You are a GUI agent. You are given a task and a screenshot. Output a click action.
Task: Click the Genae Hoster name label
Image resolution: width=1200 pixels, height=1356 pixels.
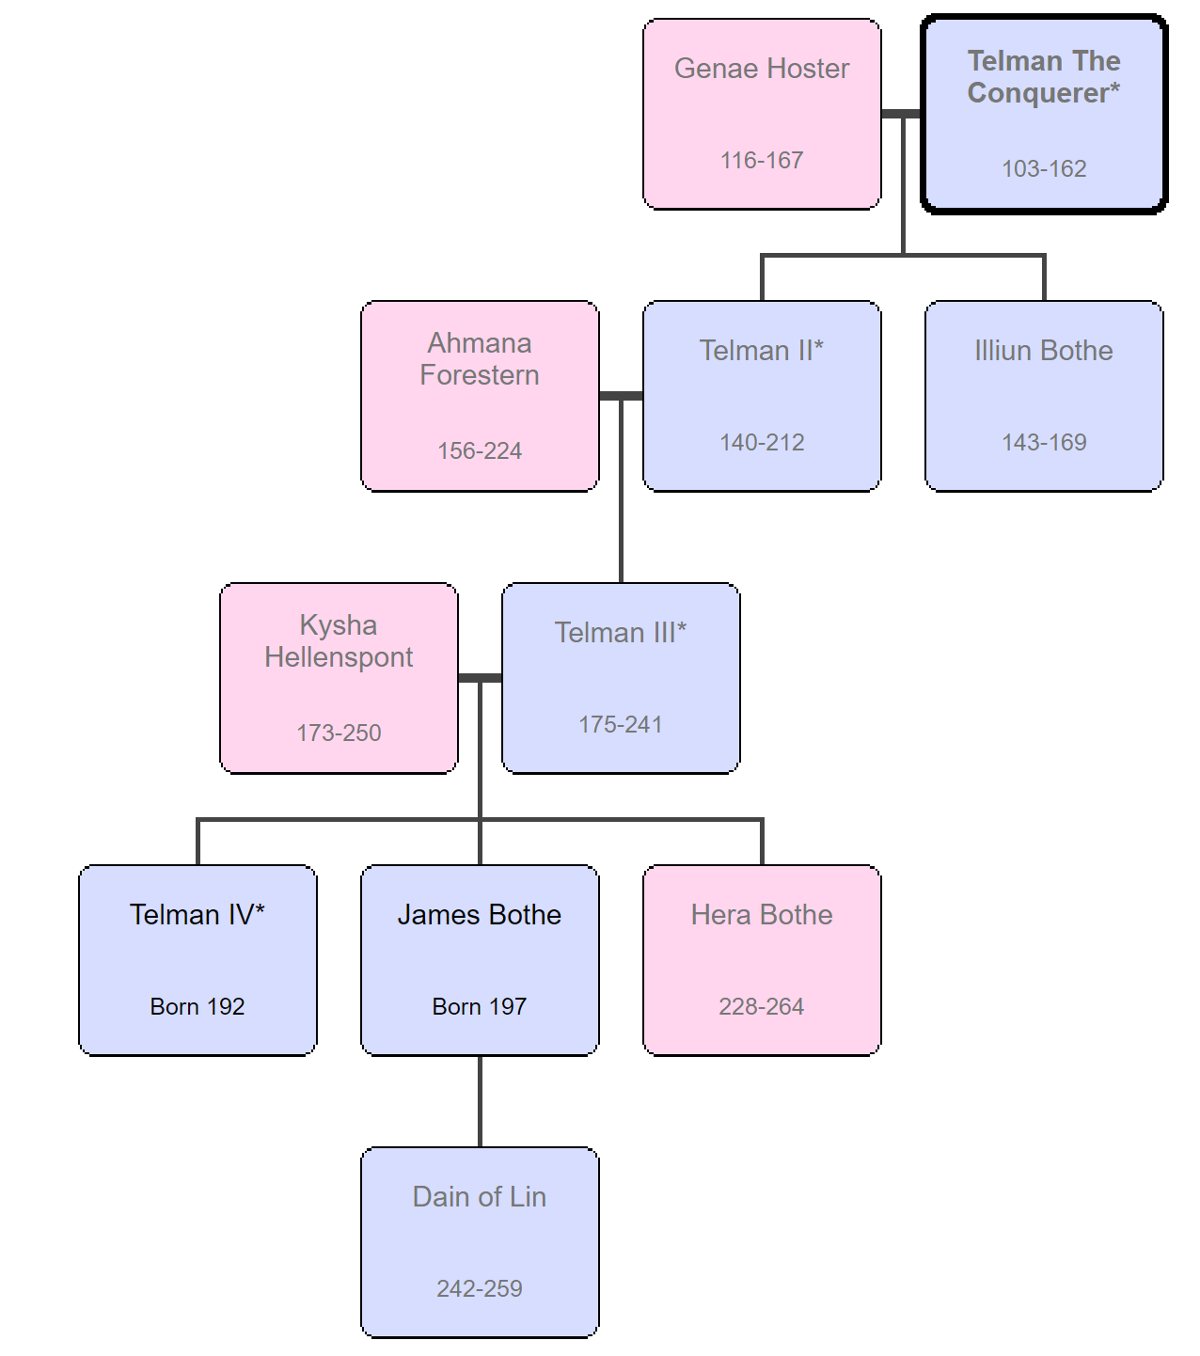(x=761, y=69)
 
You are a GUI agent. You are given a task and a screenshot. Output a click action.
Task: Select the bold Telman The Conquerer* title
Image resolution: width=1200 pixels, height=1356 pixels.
(x=1043, y=77)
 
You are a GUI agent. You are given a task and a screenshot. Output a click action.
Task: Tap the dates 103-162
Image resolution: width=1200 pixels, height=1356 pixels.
(x=1043, y=169)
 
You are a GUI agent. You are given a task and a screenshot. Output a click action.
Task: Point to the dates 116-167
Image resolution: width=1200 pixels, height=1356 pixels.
(x=761, y=160)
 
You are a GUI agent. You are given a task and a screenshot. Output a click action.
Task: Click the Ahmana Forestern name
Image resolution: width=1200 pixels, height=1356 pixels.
(x=479, y=359)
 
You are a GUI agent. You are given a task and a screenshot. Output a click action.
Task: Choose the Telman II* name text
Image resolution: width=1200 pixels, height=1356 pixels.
(x=761, y=351)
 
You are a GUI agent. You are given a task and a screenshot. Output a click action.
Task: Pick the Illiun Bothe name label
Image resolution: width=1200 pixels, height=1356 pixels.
(x=1043, y=351)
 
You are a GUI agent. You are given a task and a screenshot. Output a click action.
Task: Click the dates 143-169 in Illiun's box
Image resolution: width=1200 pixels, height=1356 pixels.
(x=1043, y=442)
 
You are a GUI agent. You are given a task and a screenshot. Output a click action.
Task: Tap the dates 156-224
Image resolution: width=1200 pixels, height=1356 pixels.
(x=479, y=451)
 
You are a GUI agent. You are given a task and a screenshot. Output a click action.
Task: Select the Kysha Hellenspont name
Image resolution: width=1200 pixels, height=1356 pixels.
(x=338, y=641)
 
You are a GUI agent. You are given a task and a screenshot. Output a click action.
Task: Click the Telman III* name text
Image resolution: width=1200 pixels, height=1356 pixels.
(x=620, y=633)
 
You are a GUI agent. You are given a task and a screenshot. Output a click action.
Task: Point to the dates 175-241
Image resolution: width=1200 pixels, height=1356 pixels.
(x=620, y=724)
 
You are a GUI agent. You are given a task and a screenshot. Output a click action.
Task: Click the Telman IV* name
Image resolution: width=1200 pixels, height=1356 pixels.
(x=197, y=915)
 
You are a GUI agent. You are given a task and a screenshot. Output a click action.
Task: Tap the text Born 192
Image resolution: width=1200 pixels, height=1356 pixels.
(x=197, y=1007)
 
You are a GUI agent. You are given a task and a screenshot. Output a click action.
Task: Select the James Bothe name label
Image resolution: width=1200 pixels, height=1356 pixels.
(x=479, y=915)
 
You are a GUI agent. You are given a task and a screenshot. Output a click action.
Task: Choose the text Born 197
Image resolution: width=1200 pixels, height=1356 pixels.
(x=479, y=1007)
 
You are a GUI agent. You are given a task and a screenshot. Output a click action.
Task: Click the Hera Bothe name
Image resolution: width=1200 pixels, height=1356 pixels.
(x=761, y=915)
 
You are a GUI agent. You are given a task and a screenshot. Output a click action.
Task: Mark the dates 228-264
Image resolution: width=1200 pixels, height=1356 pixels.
(x=761, y=1007)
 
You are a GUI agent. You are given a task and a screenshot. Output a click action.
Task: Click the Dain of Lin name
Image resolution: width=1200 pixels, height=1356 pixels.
(x=479, y=1197)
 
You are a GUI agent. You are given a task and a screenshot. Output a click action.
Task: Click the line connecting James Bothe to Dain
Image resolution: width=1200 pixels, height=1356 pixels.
(x=480, y=1101)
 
